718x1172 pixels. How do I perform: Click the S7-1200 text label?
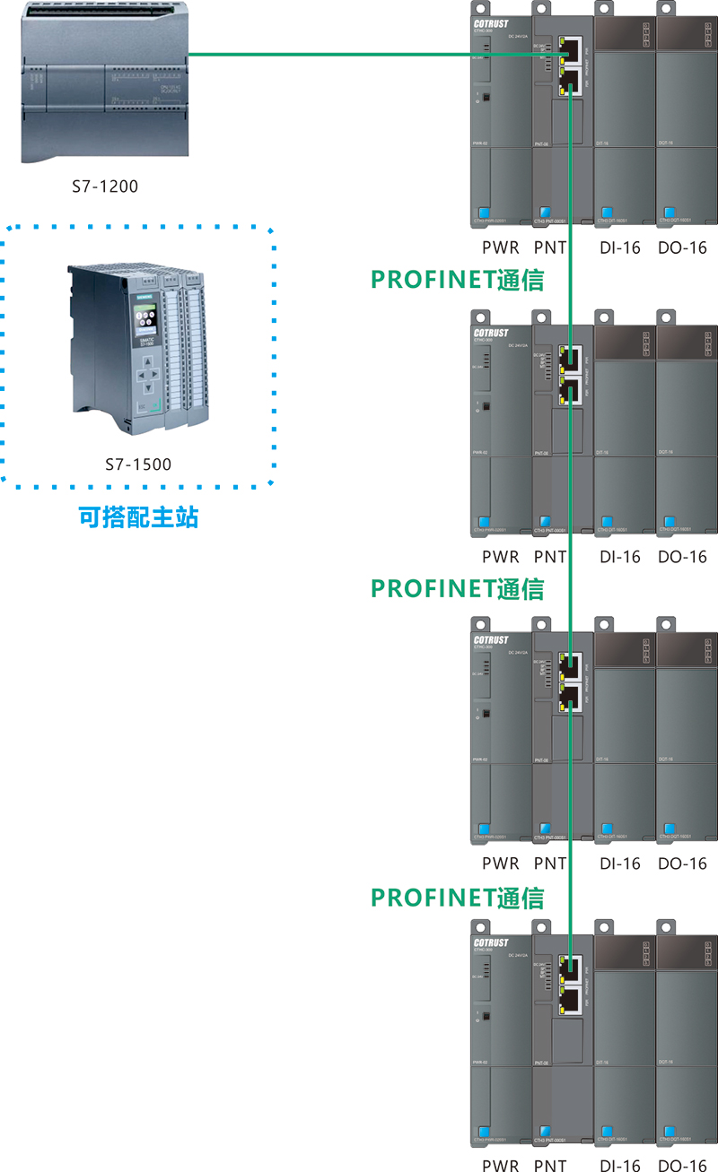(x=105, y=187)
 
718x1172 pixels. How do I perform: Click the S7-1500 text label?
(x=137, y=464)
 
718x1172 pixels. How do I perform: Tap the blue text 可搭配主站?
(x=137, y=517)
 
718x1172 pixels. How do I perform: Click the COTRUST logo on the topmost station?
(x=491, y=24)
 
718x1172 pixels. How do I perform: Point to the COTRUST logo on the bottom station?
(x=491, y=942)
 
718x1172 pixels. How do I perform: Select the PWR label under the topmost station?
(x=500, y=247)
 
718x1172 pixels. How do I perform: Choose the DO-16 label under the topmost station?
(x=682, y=247)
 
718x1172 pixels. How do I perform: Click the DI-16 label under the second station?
(x=620, y=556)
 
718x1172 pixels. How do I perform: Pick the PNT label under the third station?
(x=550, y=864)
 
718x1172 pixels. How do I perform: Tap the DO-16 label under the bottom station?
(x=682, y=1165)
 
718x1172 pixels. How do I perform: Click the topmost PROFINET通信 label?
(x=458, y=279)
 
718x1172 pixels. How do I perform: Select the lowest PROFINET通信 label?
(x=458, y=897)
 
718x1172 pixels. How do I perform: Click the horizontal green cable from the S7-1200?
(x=359, y=55)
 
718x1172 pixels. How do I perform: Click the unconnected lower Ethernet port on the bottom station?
(x=569, y=997)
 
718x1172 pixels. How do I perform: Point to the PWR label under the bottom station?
(x=500, y=1165)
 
